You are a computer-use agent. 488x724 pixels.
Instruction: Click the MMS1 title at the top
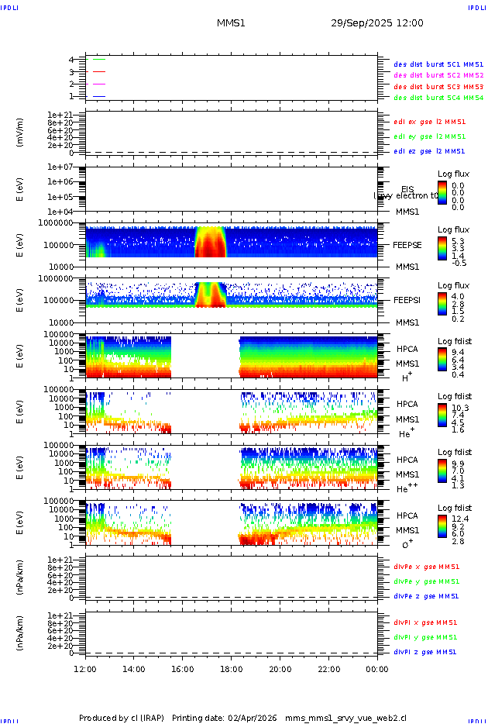231,23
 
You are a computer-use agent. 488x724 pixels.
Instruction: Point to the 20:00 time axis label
280,668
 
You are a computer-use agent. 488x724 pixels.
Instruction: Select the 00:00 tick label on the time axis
377,668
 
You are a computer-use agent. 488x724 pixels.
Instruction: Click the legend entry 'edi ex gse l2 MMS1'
430,122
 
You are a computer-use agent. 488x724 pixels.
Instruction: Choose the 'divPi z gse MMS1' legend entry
424,652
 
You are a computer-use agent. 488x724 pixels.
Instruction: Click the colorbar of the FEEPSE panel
442,247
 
